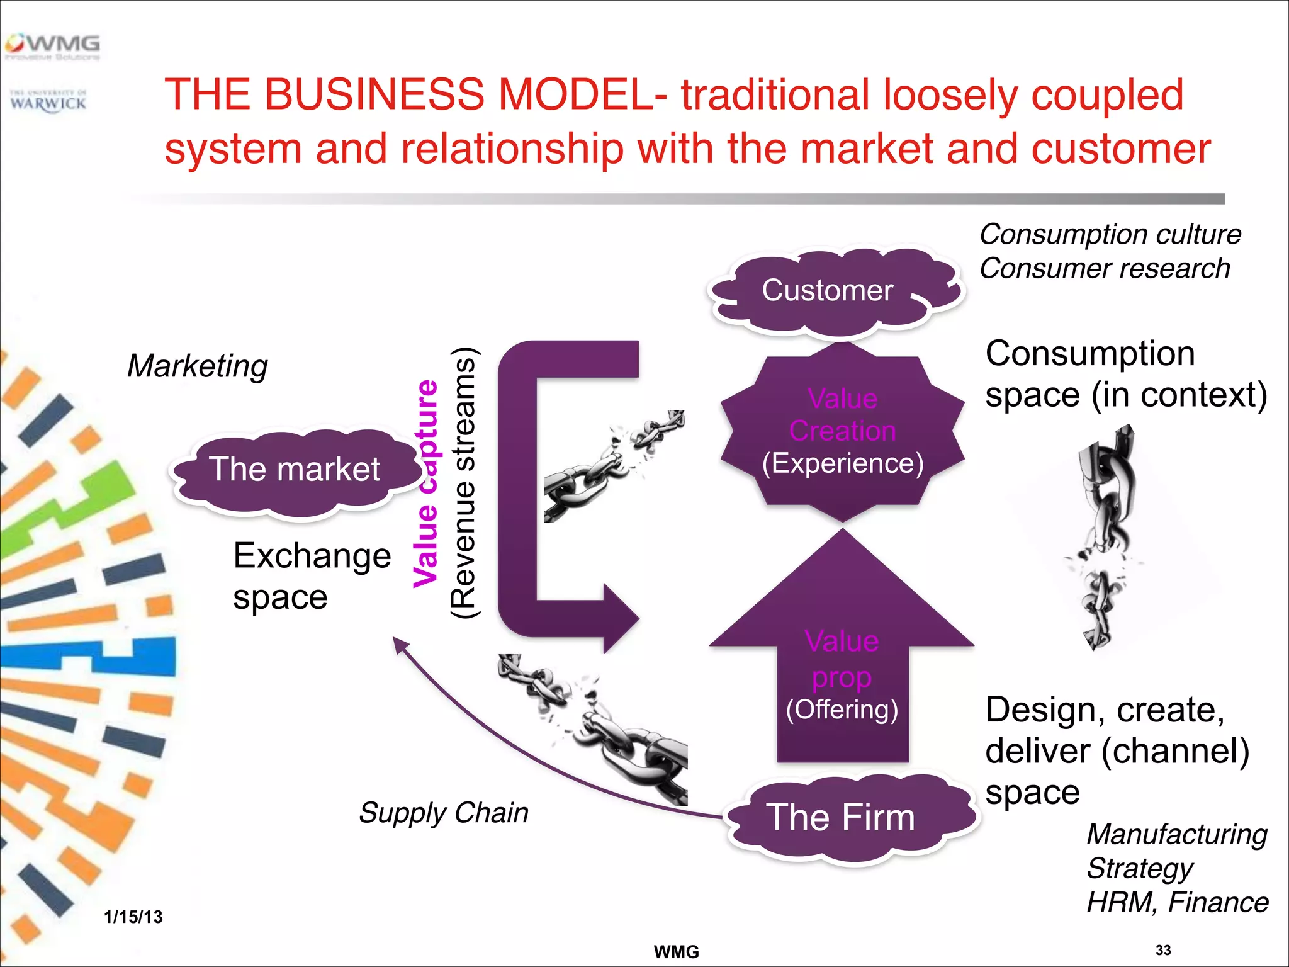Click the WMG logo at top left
pos(53,47)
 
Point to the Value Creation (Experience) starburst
pos(842,432)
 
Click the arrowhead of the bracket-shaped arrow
pos(620,618)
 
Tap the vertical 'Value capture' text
pos(426,483)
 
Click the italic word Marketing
pos(197,366)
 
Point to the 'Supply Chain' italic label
pos(443,813)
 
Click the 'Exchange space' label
pos(312,576)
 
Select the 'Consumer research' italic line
pos(1105,269)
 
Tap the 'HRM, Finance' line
pos(1177,903)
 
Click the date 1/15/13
pos(133,917)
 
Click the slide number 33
pos(1163,950)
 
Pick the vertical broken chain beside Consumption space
pos(1105,535)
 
